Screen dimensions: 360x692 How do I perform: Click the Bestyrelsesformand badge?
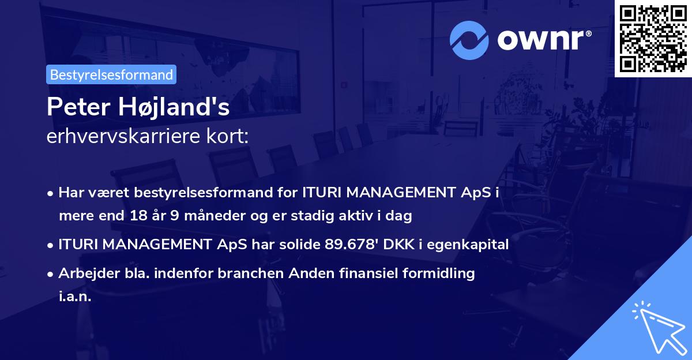click(x=111, y=74)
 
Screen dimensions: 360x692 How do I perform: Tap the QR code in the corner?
click(x=653, y=38)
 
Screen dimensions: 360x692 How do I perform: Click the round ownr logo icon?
click(x=470, y=40)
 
